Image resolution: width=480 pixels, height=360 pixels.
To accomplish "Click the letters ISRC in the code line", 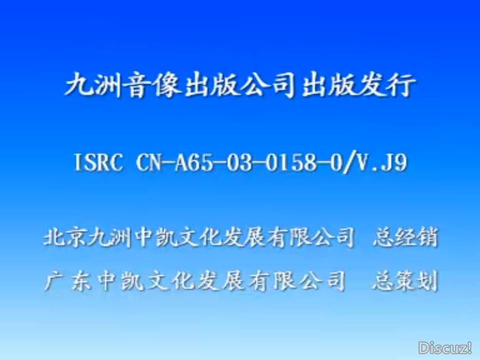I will click(98, 163).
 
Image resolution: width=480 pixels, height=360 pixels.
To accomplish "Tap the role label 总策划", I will click(405, 281).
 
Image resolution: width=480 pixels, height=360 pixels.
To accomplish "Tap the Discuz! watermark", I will click(445, 347).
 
